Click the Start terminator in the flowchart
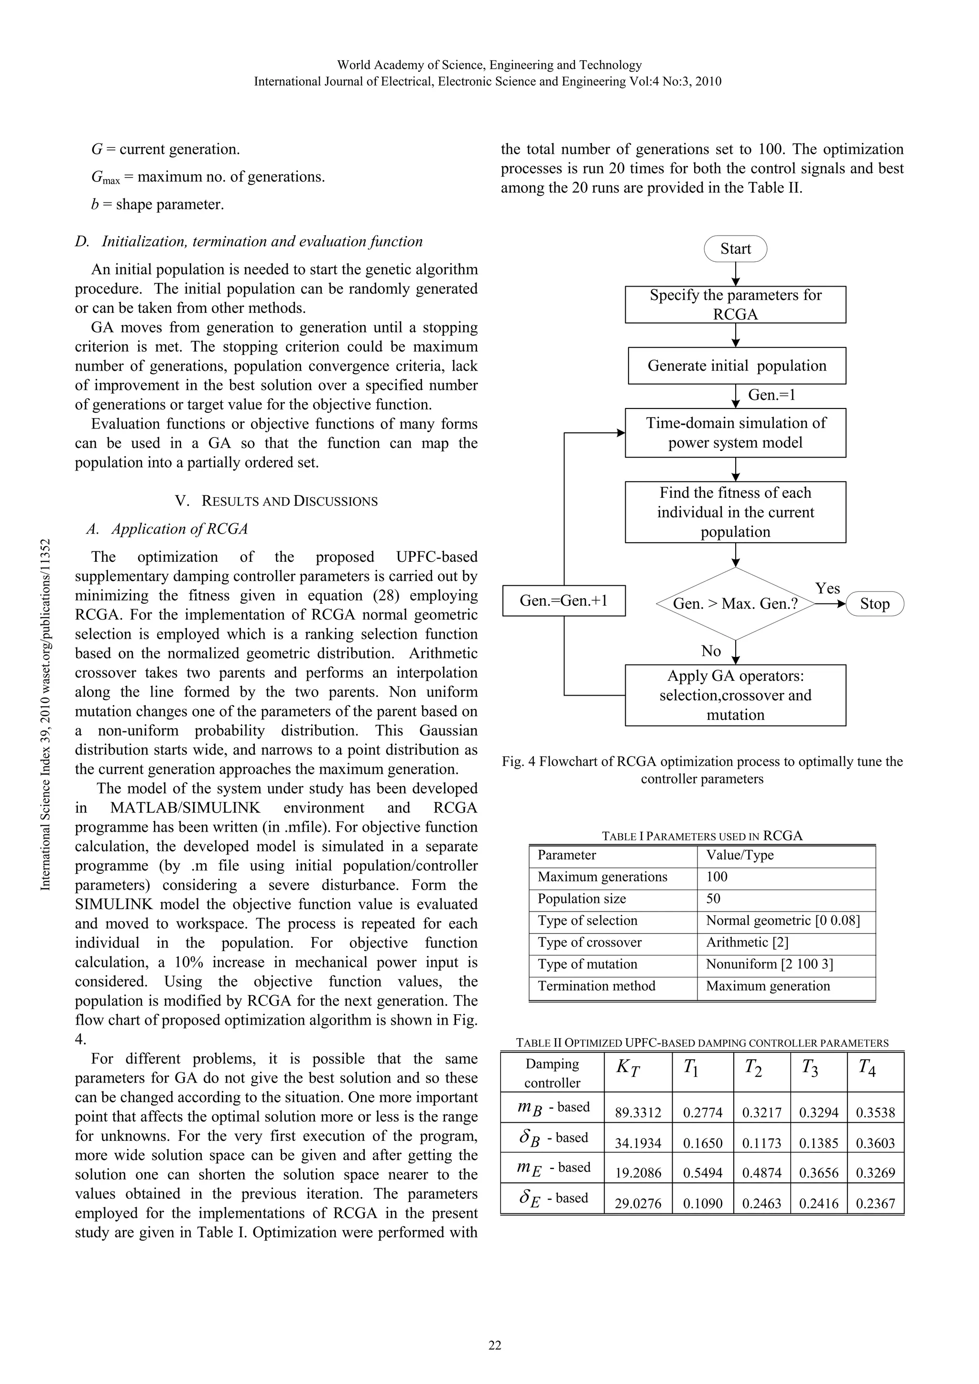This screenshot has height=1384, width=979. [x=735, y=249]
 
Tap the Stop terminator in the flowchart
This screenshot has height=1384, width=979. [x=875, y=604]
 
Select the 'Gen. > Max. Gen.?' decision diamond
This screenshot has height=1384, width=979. [x=735, y=603]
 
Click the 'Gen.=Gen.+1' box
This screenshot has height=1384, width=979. [x=564, y=601]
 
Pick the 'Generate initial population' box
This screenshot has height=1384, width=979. [x=737, y=366]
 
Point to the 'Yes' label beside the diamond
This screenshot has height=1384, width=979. [x=827, y=588]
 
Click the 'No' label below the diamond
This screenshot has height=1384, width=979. [x=711, y=651]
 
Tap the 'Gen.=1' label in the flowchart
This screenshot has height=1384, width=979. [x=772, y=395]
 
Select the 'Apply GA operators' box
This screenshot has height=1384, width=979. [x=735, y=695]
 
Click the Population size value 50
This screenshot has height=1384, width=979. [x=714, y=899]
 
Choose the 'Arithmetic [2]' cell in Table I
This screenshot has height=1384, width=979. [x=747, y=942]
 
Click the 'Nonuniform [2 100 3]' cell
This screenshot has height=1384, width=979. [x=769, y=964]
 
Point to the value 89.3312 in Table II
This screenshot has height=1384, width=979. [x=638, y=1113]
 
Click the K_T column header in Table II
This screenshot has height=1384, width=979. [x=628, y=1068]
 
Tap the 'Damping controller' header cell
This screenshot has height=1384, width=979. [x=552, y=1073]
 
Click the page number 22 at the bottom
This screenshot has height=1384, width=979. [x=495, y=1345]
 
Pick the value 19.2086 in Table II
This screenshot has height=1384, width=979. [x=638, y=1172]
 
